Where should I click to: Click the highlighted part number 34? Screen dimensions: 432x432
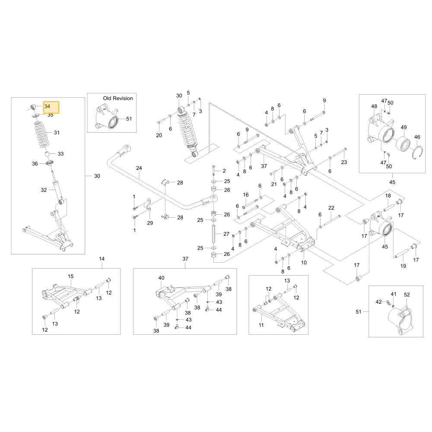tap(48, 106)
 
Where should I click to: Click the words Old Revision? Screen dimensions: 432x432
tap(118, 98)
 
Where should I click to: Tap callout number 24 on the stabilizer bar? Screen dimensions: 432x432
tap(139, 168)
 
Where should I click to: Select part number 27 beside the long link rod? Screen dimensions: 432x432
tap(226, 234)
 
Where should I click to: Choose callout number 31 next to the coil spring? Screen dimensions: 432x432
tap(57, 133)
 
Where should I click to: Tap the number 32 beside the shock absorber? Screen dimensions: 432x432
tap(44, 190)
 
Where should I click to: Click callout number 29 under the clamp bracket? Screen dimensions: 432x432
tap(150, 223)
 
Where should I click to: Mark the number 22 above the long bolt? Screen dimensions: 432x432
tap(331, 208)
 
